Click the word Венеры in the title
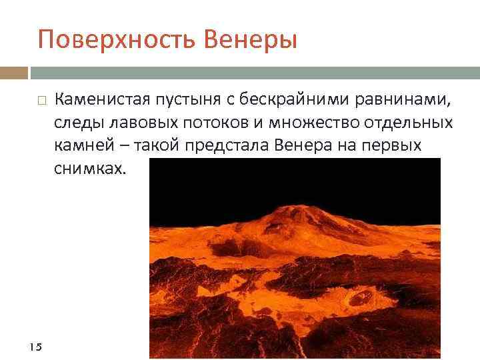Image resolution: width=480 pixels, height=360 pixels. pos(257,41)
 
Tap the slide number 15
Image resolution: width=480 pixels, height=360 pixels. pos(36,346)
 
